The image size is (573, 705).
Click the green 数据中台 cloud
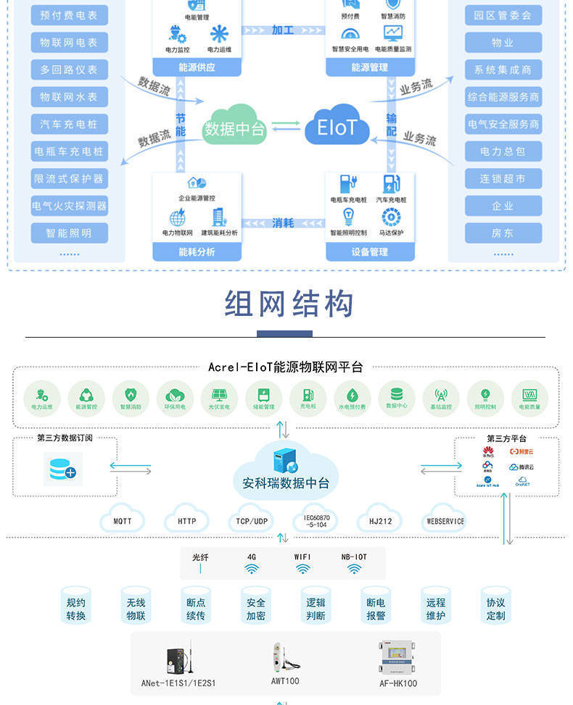tap(234, 128)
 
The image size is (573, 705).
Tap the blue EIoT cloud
tap(337, 128)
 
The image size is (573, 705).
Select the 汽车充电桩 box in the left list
tap(70, 124)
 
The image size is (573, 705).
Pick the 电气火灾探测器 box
tap(70, 206)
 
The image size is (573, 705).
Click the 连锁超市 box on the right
tap(503, 178)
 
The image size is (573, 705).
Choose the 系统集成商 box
tap(503, 70)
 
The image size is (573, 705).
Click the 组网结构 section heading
tap(289, 304)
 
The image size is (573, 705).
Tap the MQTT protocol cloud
tap(123, 520)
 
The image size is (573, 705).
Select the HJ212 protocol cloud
tap(379, 520)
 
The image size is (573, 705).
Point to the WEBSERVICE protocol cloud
tap(445, 520)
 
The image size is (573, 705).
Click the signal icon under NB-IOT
tap(354, 570)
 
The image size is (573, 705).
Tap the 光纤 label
tap(200, 557)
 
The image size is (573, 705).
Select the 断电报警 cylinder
tap(376, 609)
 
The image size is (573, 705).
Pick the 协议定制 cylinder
tap(495, 609)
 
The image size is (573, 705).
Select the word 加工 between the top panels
tap(283, 30)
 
